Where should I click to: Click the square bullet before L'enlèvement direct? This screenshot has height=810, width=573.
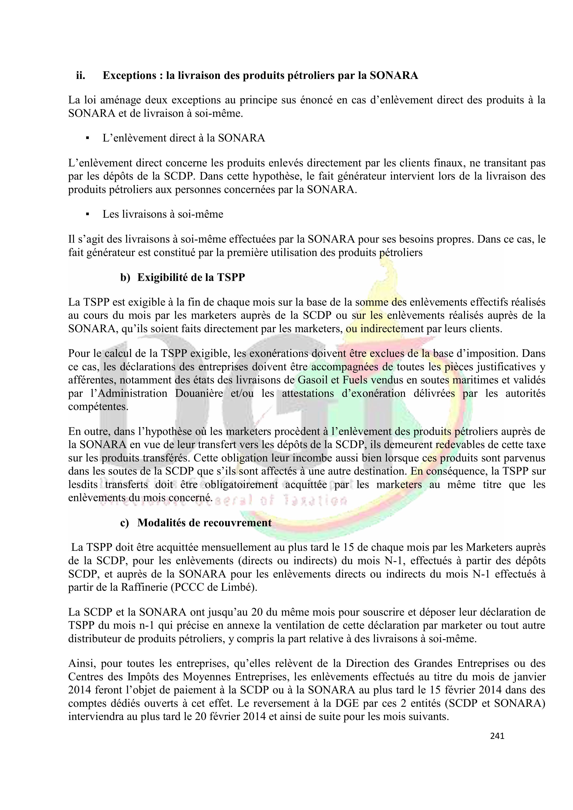point(87,138)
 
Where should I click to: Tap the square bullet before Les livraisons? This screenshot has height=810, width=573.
point(87,214)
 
